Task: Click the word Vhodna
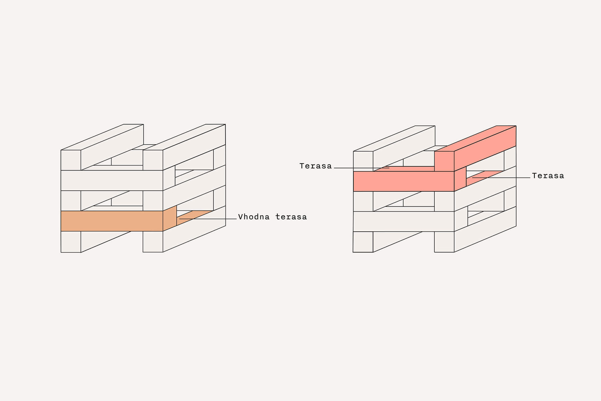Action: (254, 217)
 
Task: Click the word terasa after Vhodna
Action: (291, 217)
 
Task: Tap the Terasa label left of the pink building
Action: (316, 166)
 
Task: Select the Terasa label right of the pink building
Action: (548, 176)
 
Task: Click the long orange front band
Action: (112, 221)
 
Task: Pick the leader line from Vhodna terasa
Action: (208, 219)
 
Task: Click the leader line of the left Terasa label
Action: (361, 168)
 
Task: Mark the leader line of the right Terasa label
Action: (501, 178)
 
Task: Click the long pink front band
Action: (403, 181)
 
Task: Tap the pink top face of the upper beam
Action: (476, 138)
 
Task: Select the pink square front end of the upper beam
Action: (444, 161)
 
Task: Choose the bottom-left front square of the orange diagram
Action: (71, 242)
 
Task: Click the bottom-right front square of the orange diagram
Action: (153, 242)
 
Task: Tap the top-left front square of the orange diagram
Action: (71, 160)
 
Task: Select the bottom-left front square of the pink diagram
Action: (363, 242)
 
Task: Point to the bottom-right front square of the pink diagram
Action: (444, 242)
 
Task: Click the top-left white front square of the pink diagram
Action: (363, 161)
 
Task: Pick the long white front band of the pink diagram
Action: (403, 221)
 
